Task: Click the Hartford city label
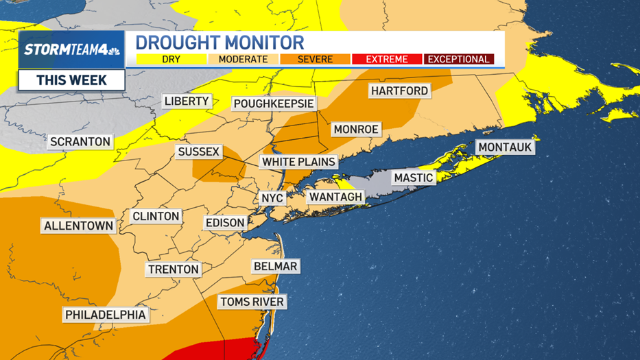pos(399,91)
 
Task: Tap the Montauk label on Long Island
pos(505,147)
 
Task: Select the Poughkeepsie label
pos(274,104)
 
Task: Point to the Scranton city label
pos(80,142)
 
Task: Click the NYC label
pos(272,198)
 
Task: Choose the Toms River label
pos(252,302)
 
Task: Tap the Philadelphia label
pos(106,315)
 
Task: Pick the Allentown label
pos(78,226)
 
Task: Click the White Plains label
pos(298,162)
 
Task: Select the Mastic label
pos(414,178)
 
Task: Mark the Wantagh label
pos(335,197)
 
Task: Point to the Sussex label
pos(198,152)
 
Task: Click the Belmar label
pos(275,266)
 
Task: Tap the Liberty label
pos(187,101)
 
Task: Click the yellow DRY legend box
pos(171,60)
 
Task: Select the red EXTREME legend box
pos(387,60)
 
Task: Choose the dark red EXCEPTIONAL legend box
pos(459,60)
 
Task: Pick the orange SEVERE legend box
pos(315,60)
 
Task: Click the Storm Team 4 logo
pos(71,49)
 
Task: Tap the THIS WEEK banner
pos(71,80)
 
